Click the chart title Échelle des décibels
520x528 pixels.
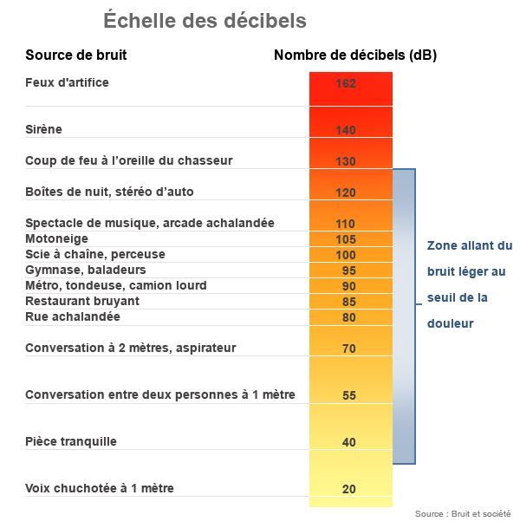coord(205,21)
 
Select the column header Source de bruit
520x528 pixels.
coord(76,55)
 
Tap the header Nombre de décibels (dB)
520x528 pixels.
coord(355,55)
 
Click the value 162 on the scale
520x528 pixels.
coord(346,84)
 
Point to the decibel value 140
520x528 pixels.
coord(346,130)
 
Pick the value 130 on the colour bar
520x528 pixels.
coord(346,161)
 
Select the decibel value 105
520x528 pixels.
coord(346,239)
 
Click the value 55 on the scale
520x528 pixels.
coord(349,395)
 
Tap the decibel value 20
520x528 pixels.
coord(349,489)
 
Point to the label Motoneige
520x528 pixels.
coord(56,238)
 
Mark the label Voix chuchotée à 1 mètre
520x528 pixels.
coord(100,488)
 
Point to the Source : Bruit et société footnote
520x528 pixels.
coord(463,514)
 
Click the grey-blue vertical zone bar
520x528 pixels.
coord(405,316)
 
